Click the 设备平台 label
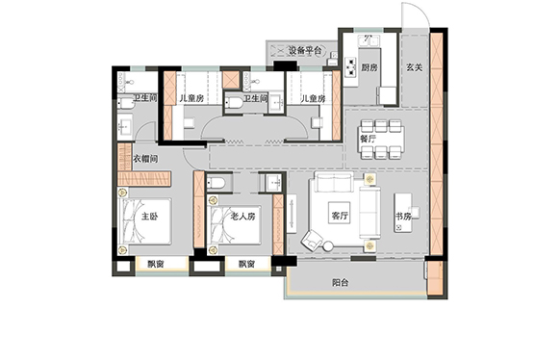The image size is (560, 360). pos(305,50)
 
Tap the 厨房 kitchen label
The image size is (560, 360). pos(369,67)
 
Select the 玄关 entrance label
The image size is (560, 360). pos(414,67)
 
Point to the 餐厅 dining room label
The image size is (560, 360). pos(368,139)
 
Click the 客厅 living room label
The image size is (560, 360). pos(340,215)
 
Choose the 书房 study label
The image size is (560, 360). pos(403,216)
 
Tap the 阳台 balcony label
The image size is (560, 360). pos(340,283)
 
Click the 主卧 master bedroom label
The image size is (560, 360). pos(149,216)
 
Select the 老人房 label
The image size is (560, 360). pos(242,216)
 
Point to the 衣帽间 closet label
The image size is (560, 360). pos(145,159)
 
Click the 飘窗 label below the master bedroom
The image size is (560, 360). pos(156,265)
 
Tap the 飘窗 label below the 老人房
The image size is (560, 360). pos(246,265)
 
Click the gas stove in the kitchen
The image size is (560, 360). pos(351,66)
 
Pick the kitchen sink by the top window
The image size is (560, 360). pos(369,40)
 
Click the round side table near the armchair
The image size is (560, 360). pos(328,246)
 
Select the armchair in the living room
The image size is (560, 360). pos(312,240)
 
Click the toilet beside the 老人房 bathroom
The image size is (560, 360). pos(216,183)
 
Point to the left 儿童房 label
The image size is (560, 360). pos(191,98)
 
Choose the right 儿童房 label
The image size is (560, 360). pos(314,98)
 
